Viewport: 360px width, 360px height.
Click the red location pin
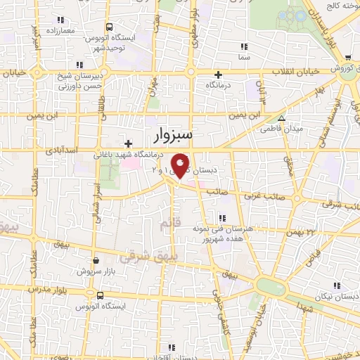coord(181,165)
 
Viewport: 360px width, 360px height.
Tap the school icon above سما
coord(244,46)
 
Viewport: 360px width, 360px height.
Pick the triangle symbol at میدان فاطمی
coord(282,118)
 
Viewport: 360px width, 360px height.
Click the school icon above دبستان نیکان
coord(336,285)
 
